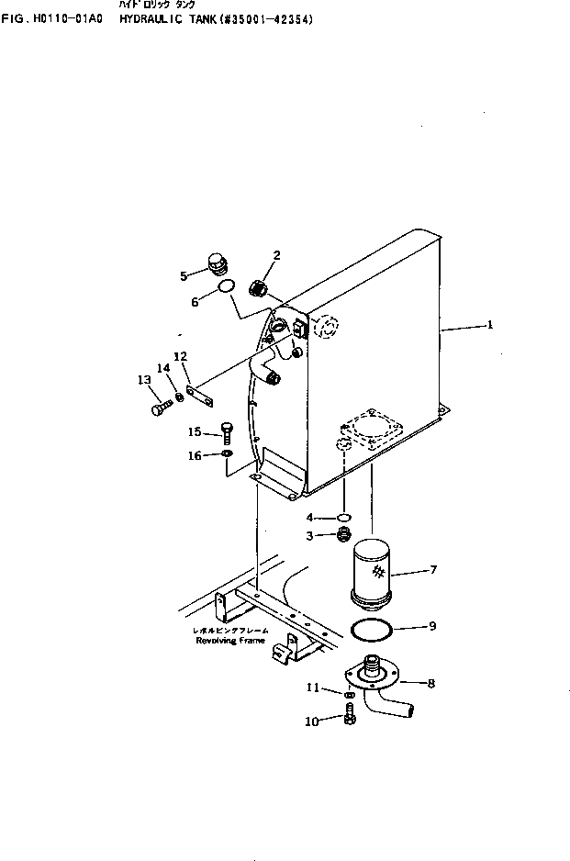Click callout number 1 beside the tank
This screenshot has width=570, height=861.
490,324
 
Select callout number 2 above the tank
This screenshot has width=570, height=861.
276,254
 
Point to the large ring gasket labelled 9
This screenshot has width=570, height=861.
374,629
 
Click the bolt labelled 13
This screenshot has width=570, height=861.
159,407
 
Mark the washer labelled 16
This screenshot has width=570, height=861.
228,454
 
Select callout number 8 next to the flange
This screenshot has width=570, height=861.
431,682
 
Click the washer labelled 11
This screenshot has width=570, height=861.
350,695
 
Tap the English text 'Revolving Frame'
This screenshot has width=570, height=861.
229,641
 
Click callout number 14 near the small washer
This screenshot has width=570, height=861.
163,368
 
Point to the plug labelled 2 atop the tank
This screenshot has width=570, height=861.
258,290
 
